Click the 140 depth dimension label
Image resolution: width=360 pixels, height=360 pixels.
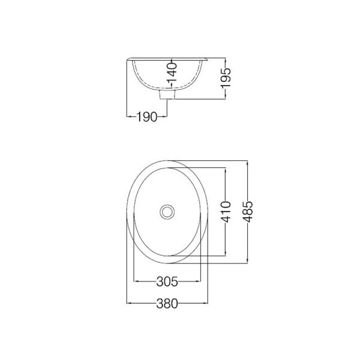tap(172, 73)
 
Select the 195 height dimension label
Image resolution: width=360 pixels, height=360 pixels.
tap(226, 78)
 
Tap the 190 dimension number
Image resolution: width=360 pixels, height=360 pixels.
tap(147, 116)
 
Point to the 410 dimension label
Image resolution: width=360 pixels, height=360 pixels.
tap(226, 212)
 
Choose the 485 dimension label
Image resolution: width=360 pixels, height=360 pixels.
tap(248, 212)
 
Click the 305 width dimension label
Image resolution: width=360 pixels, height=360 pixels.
tap(167, 281)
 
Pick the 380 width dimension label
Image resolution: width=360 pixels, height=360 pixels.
tap(167, 304)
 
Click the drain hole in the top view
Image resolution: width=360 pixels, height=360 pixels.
tap(167, 212)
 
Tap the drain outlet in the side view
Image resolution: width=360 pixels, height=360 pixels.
tap(167, 95)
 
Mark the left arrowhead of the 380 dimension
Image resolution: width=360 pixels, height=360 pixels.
tap(128, 303)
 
